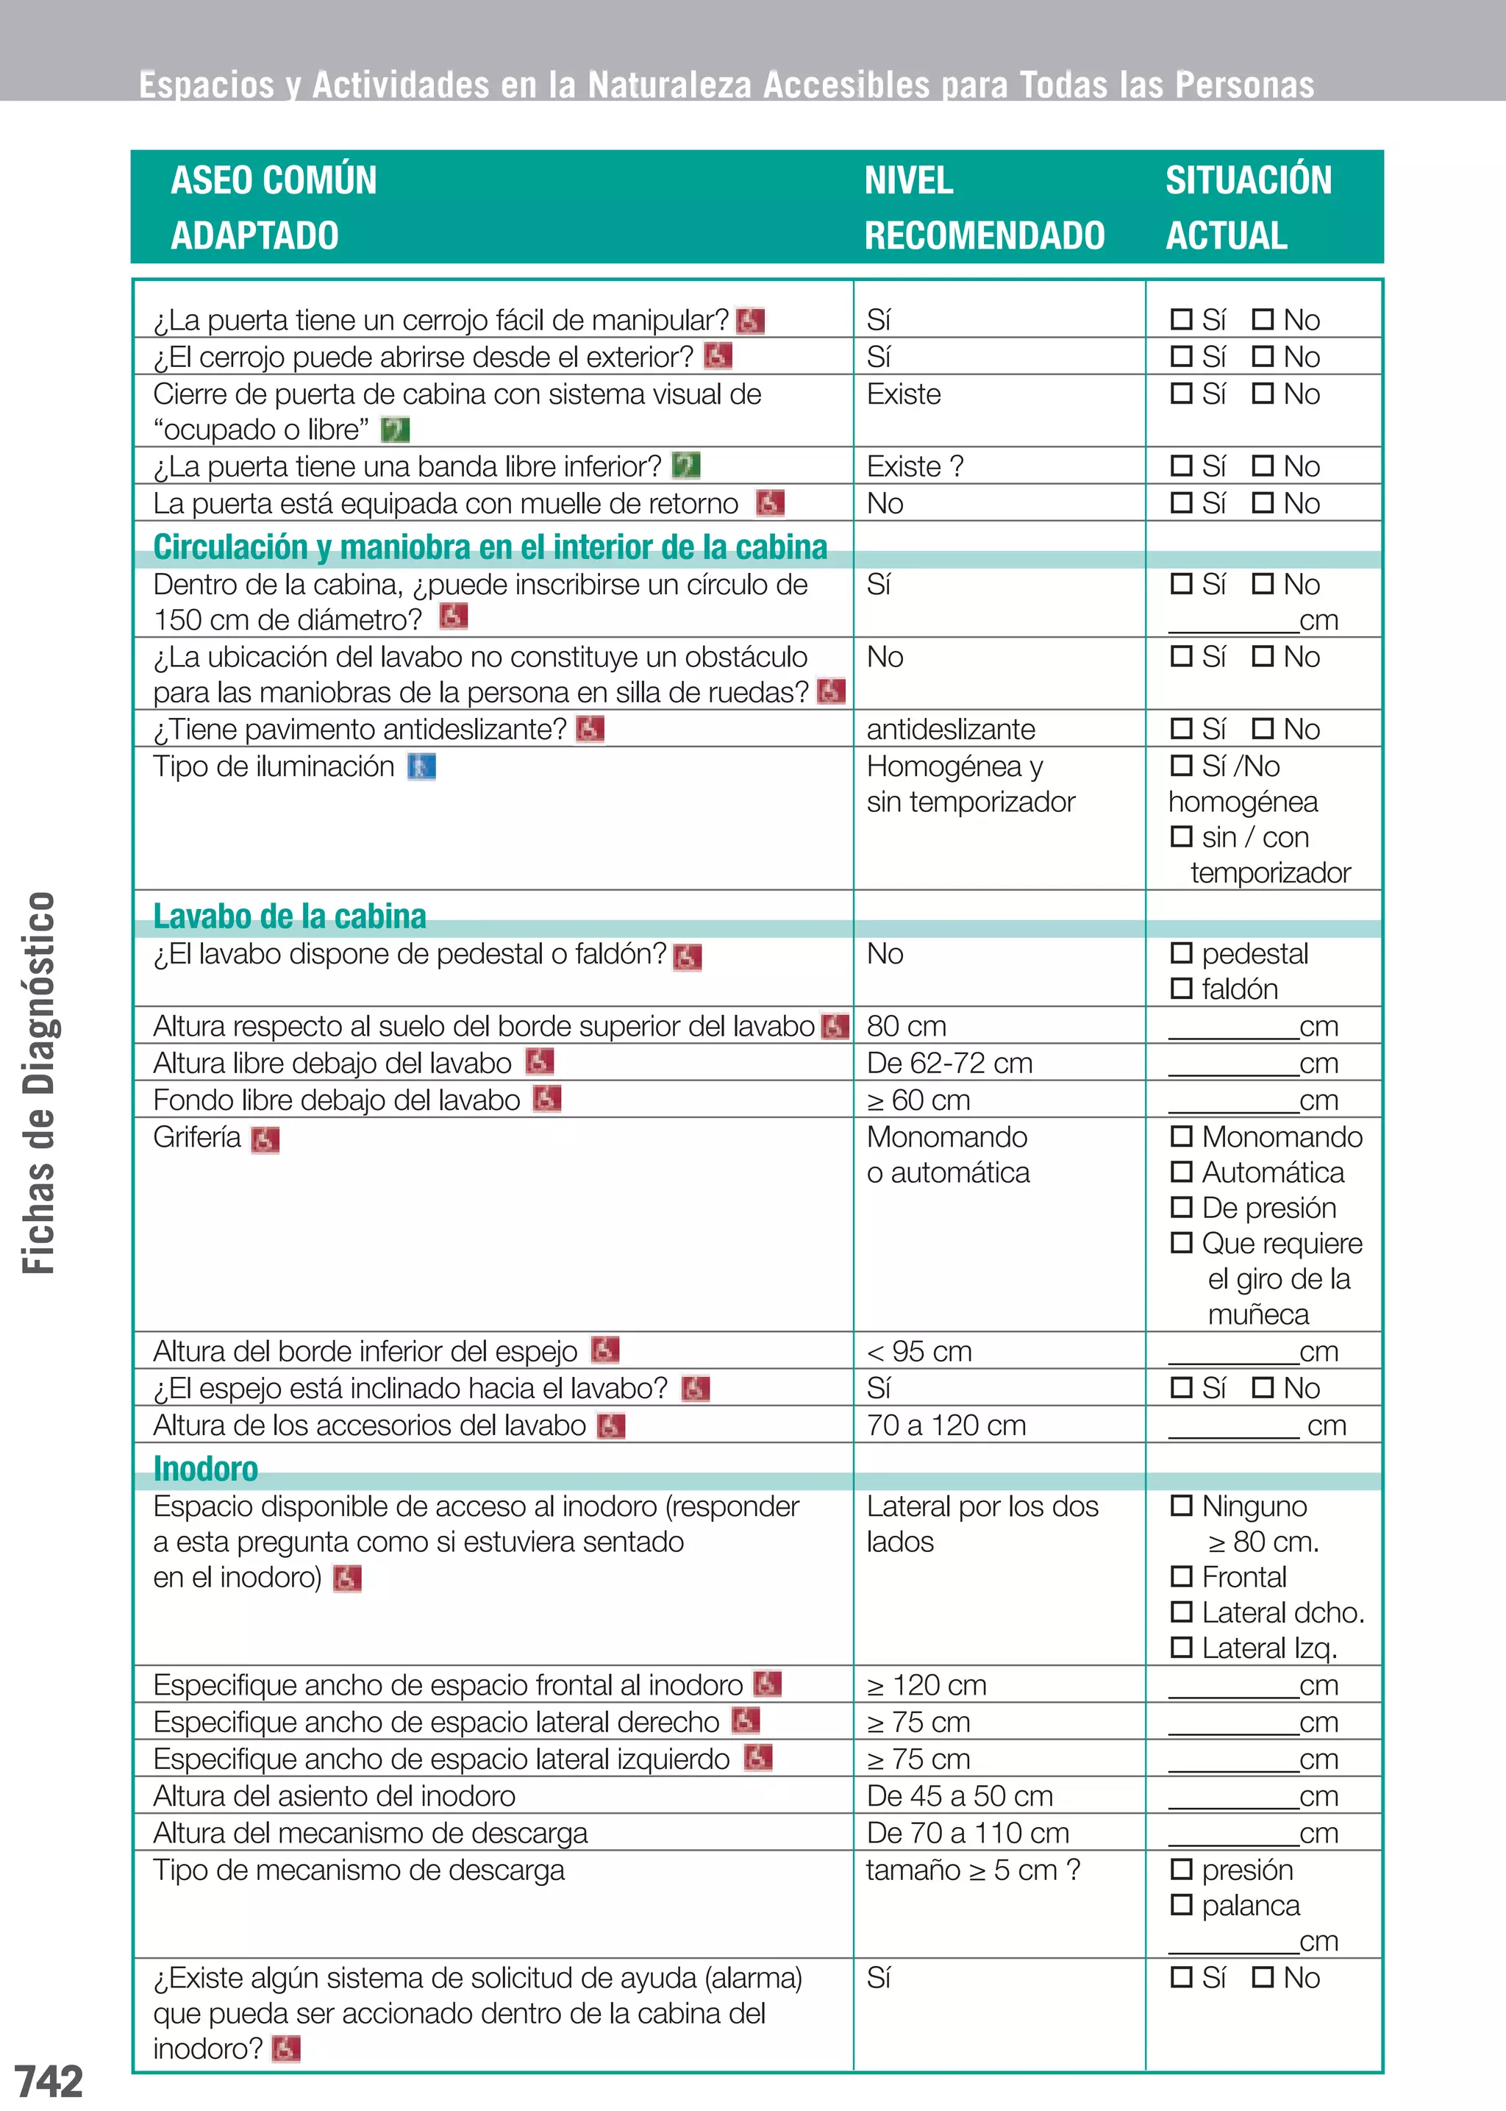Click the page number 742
tap(49, 2080)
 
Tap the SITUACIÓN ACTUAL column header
tap(1247, 207)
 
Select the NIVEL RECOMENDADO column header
tap(983, 207)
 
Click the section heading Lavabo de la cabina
tap(289, 916)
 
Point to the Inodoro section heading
tap(206, 1469)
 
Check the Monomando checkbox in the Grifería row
tap(1180, 1136)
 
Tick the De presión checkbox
tap(1180, 1207)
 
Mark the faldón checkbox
tap(1180, 989)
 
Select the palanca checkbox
tap(1180, 1904)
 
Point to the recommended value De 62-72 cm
tap(949, 1063)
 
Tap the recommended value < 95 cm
tap(918, 1351)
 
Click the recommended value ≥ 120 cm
tap(926, 1684)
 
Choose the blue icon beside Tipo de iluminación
tap(422, 767)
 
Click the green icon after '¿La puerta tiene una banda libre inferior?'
tap(685, 465)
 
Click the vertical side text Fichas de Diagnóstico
tap(39, 1083)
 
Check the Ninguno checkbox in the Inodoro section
tap(1180, 1506)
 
